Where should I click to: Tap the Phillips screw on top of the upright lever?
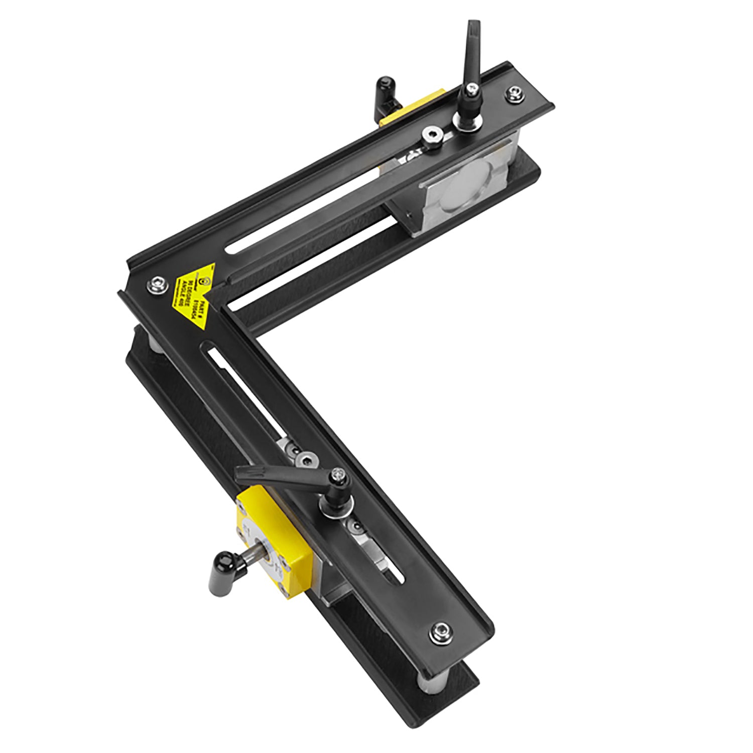(x=470, y=89)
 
